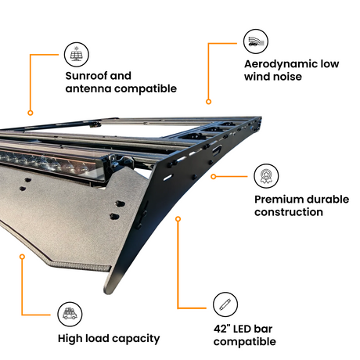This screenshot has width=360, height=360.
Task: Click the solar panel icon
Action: point(77,55)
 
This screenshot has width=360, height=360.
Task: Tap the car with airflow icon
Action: point(256,41)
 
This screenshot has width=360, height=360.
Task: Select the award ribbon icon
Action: point(266,176)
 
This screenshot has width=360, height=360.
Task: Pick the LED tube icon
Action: point(225,304)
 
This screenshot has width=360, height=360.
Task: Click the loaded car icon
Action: point(70,314)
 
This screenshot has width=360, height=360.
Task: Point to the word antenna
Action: point(88,88)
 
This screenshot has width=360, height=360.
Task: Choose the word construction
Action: point(289,212)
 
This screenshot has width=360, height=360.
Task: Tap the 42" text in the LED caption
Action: point(221,329)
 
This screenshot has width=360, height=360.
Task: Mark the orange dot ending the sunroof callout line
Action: point(31,113)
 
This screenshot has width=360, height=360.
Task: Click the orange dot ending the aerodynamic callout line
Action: point(208,102)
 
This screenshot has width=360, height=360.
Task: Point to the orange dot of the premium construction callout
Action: point(214,177)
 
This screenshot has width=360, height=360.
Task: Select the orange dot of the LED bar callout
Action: point(178,219)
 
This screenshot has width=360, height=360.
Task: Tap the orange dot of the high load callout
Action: point(23,257)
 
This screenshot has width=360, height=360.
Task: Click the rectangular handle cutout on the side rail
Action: point(217,151)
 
